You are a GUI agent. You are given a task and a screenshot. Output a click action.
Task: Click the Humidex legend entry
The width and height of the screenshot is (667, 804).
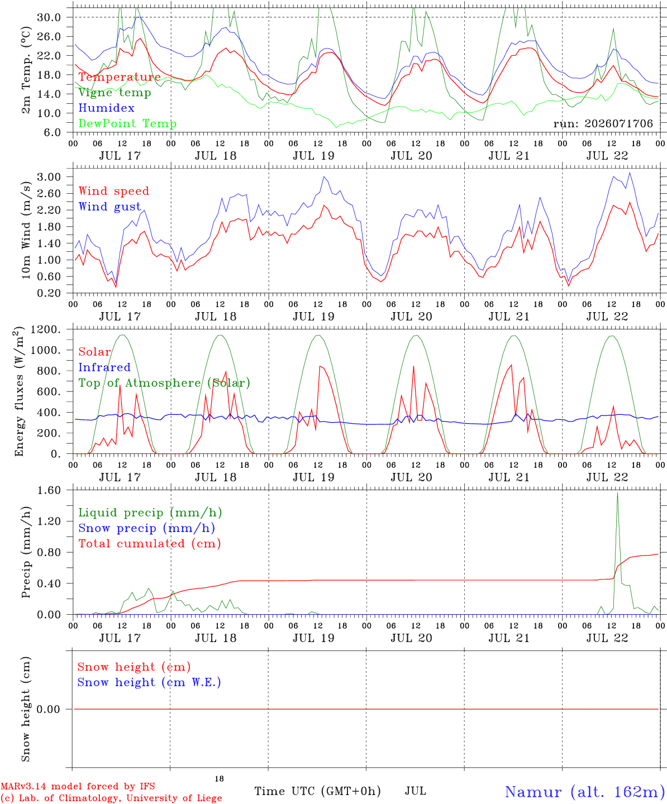(x=106, y=108)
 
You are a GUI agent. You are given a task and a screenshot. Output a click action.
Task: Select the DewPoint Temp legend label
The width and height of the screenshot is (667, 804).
(x=127, y=123)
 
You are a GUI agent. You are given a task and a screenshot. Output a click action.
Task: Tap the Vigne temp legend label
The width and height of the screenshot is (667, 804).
(x=115, y=93)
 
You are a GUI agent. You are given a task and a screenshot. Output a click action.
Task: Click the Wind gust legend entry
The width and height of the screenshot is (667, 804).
(x=110, y=207)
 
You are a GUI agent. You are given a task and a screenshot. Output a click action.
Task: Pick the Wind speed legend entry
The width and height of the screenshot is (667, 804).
(x=113, y=191)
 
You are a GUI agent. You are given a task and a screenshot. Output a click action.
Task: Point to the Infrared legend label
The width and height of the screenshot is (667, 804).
(x=104, y=367)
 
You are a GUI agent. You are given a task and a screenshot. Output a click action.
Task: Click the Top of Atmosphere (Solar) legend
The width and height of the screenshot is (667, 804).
(x=165, y=383)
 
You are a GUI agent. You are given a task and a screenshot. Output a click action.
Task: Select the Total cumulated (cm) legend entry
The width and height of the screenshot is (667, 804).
(x=150, y=544)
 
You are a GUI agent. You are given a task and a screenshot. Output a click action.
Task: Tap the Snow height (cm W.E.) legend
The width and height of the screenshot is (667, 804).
(x=149, y=683)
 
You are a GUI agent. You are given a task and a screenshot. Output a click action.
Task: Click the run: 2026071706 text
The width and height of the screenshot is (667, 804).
(x=603, y=123)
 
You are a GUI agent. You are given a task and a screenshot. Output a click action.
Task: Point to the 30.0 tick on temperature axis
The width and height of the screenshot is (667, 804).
(x=49, y=17)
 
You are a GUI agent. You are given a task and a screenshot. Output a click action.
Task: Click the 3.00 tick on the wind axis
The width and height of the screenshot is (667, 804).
(x=49, y=177)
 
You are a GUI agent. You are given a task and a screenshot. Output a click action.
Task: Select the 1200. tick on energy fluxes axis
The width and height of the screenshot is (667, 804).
(x=45, y=329)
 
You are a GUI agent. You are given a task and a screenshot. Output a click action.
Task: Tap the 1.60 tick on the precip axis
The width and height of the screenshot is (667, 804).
(x=49, y=490)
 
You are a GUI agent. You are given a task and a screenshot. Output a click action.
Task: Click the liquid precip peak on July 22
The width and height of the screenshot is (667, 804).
(x=618, y=493)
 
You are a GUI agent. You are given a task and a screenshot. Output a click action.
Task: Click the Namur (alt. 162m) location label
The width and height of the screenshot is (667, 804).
(x=582, y=792)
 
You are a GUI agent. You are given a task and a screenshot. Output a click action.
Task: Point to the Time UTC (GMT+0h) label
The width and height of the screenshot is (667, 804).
(x=317, y=791)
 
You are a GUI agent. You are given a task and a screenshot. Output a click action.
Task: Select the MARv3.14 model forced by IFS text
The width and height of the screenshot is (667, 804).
(x=78, y=786)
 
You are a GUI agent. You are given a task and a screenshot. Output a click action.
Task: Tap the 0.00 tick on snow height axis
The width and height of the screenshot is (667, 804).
(x=48, y=709)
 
